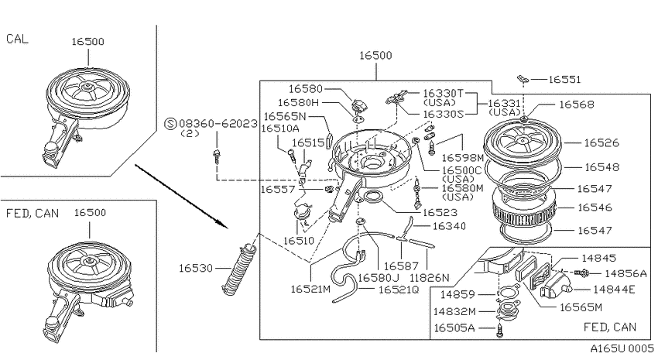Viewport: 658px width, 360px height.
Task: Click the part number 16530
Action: (196, 268)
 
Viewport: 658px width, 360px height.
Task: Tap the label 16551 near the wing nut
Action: (564, 80)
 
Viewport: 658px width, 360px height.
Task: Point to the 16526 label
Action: (601, 143)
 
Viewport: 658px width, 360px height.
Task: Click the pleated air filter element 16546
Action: (523, 207)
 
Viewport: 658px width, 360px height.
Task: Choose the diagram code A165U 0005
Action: (622, 348)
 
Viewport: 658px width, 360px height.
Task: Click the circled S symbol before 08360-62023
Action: (170, 124)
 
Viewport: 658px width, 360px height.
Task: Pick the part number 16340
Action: (449, 227)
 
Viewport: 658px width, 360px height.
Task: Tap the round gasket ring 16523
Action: (372, 196)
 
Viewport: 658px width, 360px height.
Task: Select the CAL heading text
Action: (17, 39)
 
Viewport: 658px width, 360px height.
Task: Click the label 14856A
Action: (625, 274)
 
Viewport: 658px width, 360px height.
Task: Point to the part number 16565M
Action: (581, 308)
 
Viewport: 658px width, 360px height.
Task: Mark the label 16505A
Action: (454, 327)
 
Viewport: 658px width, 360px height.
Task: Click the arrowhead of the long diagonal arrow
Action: (226, 227)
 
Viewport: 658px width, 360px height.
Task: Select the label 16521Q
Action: (399, 290)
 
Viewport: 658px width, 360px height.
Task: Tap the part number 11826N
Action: (430, 277)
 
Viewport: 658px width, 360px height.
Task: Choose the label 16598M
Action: (463, 158)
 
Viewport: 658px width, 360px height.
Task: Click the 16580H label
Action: (299, 103)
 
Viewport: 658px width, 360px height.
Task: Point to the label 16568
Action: (577, 105)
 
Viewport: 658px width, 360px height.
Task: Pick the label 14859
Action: (457, 295)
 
